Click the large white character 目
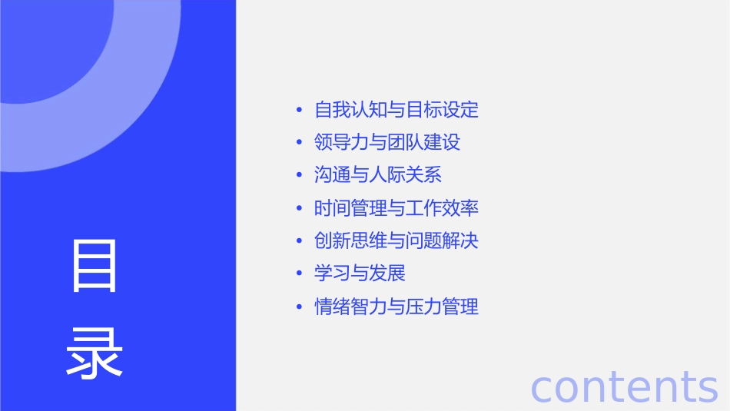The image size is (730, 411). pos(95,266)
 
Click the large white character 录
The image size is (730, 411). pos(95,353)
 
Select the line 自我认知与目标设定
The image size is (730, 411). pos(397,110)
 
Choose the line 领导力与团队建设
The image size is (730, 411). pos(387,143)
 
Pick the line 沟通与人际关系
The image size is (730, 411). pos(378,175)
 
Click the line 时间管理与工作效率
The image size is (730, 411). pos(397,208)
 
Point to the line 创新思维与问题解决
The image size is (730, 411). pos(397,241)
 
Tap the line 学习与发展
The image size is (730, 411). pos(360,273)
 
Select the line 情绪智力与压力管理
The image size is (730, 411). pos(397,307)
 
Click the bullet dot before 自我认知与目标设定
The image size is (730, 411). pos(299,111)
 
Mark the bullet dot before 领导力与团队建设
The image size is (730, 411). pos(299,144)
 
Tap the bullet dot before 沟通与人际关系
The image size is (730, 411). pos(299,176)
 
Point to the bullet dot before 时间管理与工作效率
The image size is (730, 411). pos(299,209)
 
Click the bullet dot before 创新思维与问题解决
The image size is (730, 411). pos(299,242)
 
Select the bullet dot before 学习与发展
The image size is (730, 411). pos(299,274)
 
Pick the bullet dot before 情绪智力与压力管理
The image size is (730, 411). pos(299,308)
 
